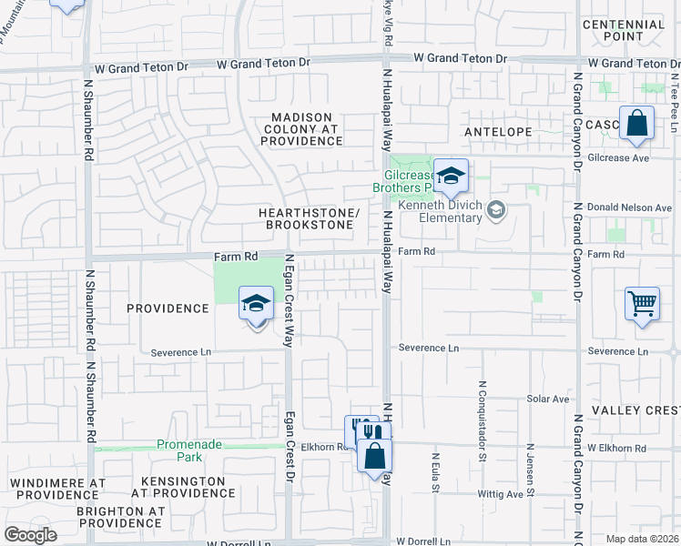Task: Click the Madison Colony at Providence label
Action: [x=307, y=128]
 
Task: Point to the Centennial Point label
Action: [x=623, y=31]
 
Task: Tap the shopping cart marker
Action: [x=642, y=304]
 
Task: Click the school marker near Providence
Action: [x=257, y=304]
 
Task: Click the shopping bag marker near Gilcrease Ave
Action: [x=636, y=123]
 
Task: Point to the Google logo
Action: [x=30, y=534]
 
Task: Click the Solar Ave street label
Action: [x=548, y=399]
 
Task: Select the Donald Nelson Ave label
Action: [x=635, y=207]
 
